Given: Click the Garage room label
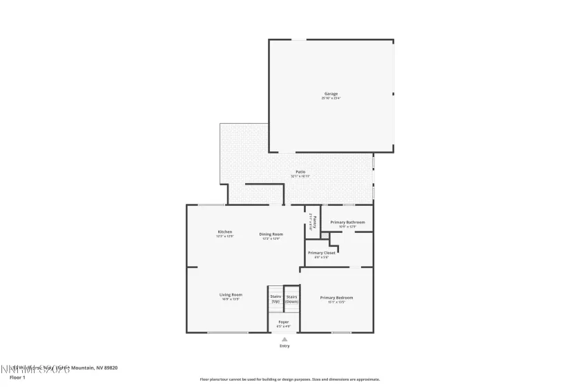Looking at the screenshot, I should tap(331, 93).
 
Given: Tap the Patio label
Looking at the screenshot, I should tap(300, 171).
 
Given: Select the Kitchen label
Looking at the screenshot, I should tap(225, 232).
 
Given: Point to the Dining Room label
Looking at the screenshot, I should tap(270, 234).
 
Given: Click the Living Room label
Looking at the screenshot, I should tap(231, 294).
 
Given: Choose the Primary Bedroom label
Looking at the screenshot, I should tap(336, 297).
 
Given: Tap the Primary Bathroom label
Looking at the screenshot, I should tap(347, 222).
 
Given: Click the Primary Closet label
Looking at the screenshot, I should tap(321, 253).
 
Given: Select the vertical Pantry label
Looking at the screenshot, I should tap(314, 222).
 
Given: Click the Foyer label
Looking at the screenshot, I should tap(284, 321).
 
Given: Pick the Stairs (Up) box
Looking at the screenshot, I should tap(275, 299).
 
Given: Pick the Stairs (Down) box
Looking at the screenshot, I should tap(292, 299).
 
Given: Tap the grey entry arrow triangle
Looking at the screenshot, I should tap(284, 339).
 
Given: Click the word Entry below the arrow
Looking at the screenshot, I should tap(284, 346).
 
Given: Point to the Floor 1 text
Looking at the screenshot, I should tap(17, 377).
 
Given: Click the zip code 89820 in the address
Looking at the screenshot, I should tap(109, 368).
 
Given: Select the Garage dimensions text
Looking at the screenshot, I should tap(331, 98).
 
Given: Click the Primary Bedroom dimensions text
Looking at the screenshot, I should tap(336, 302).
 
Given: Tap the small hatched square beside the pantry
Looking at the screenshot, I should tap(325, 236).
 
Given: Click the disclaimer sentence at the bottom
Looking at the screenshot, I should tap(290, 379).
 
